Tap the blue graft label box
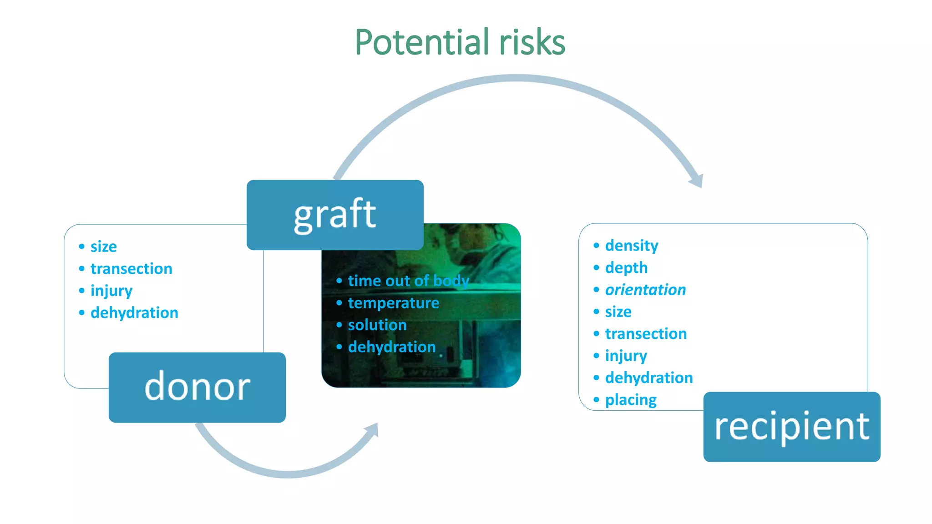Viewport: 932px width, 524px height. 335,215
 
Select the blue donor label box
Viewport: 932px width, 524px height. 197,387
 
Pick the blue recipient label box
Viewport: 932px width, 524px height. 791,427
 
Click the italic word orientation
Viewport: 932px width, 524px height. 645,290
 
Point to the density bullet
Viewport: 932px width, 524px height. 631,246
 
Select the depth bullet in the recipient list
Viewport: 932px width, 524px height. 626,268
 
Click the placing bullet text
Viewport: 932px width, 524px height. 630,400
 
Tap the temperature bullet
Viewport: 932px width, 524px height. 393,303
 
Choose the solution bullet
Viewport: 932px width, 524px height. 377,325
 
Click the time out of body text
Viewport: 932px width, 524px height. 408,281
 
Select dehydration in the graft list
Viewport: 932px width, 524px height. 391,347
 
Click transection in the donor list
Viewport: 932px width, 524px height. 131,269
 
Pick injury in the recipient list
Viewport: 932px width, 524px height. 626,356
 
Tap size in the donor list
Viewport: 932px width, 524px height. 103,247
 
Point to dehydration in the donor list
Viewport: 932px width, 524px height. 134,313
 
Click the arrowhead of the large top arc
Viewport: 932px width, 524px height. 697,181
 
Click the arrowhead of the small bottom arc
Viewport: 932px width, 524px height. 373,429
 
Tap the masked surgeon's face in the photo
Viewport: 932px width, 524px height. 473,246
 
